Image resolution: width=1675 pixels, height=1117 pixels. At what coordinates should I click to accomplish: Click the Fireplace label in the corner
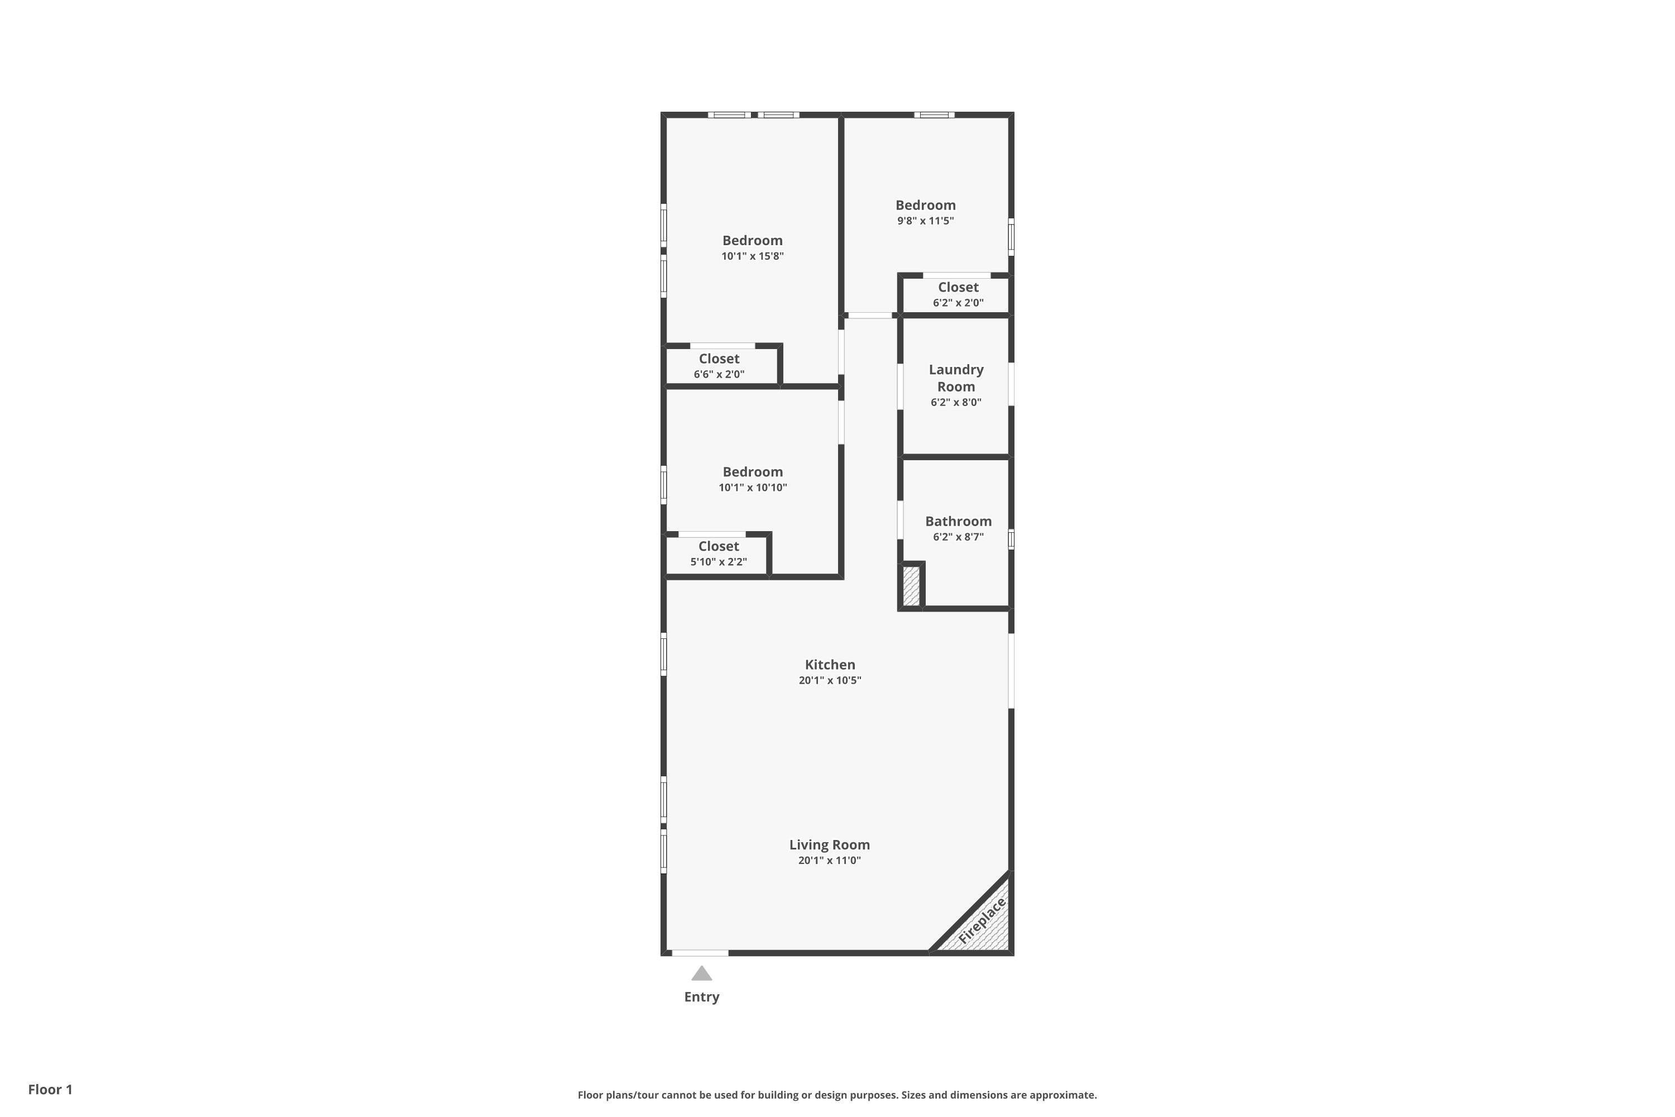click(x=982, y=921)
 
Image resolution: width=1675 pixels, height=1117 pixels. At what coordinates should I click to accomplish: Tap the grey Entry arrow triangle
click(x=701, y=973)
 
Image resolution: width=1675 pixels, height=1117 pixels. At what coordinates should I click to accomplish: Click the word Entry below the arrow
click(x=701, y=996)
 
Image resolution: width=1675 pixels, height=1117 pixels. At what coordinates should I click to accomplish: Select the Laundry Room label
click(x=956, y=378)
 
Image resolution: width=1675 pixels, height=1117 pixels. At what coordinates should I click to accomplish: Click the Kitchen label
click(x=830, y=665)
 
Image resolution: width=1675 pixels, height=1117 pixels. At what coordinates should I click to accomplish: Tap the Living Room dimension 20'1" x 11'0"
click(x=829, y=861)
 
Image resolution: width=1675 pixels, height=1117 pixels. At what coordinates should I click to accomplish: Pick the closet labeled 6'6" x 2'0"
click(x=719, y=365)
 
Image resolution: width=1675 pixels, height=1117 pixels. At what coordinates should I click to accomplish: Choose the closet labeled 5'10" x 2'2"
click(x=718, y=553)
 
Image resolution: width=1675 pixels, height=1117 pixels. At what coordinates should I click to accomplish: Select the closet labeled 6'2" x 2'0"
click(x=958, y=294)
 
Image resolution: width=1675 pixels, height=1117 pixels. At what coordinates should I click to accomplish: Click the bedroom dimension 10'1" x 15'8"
click(x=752, y=256)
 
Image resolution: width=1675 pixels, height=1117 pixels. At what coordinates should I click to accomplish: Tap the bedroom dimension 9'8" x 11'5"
click(x=925, y=221)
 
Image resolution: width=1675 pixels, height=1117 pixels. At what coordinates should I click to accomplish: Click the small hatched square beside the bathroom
click(x=911, y=585)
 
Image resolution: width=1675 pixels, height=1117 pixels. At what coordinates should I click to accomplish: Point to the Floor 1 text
click(x=50, y=1089)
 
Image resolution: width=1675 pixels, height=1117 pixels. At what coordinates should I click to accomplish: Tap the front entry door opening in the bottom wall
click(x=700, y=952)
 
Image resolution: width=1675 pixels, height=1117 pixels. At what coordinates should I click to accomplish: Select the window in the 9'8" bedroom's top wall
click(x=934, y=114)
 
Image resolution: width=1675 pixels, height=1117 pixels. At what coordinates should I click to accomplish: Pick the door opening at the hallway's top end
click(x=869, y=315)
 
